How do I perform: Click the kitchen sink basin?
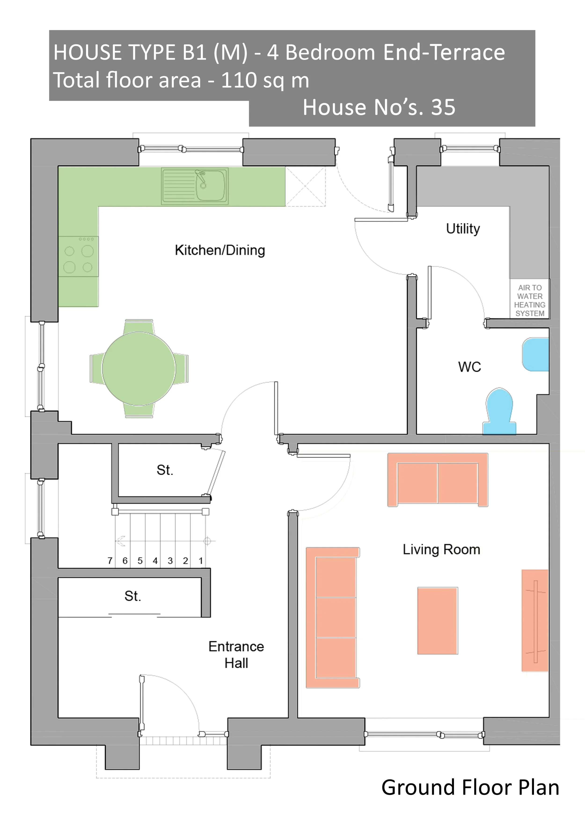211,186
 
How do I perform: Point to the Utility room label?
463,229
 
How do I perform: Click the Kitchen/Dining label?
220,250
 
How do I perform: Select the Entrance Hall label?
236,655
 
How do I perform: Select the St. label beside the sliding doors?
133,596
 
